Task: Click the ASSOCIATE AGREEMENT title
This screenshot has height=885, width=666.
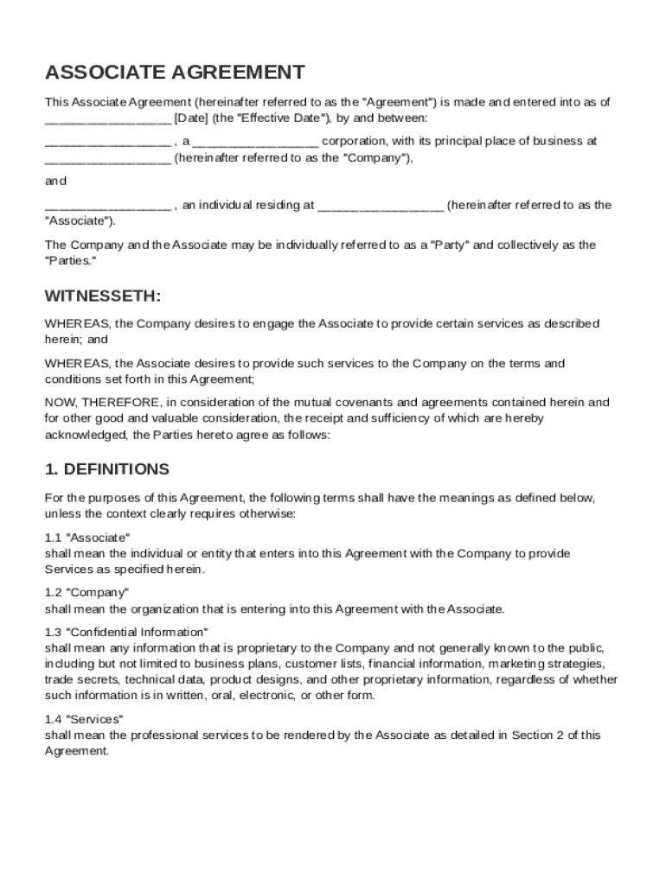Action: point(175,72)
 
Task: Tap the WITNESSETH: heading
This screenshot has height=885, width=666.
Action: point(102,296)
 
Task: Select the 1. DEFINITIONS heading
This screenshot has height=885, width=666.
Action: point(106,469)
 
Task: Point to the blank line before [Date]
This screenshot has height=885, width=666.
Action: point(107,118)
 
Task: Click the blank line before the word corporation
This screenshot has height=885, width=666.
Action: point(255,142)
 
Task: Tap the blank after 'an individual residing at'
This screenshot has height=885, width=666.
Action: point(381,206)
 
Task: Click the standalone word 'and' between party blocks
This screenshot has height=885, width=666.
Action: point(55,181)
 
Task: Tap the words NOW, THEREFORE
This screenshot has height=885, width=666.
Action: point(102,403)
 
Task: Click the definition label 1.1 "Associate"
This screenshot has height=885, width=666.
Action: point(87,538)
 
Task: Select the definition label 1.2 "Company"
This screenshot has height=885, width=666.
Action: point(86,593)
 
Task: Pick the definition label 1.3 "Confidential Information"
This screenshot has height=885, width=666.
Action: point(126,633)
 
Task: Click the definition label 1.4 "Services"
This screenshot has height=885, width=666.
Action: point(84,719)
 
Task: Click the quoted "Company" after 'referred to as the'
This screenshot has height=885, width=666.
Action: point(376,158)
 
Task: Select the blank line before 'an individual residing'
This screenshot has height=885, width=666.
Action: point(107,206)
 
